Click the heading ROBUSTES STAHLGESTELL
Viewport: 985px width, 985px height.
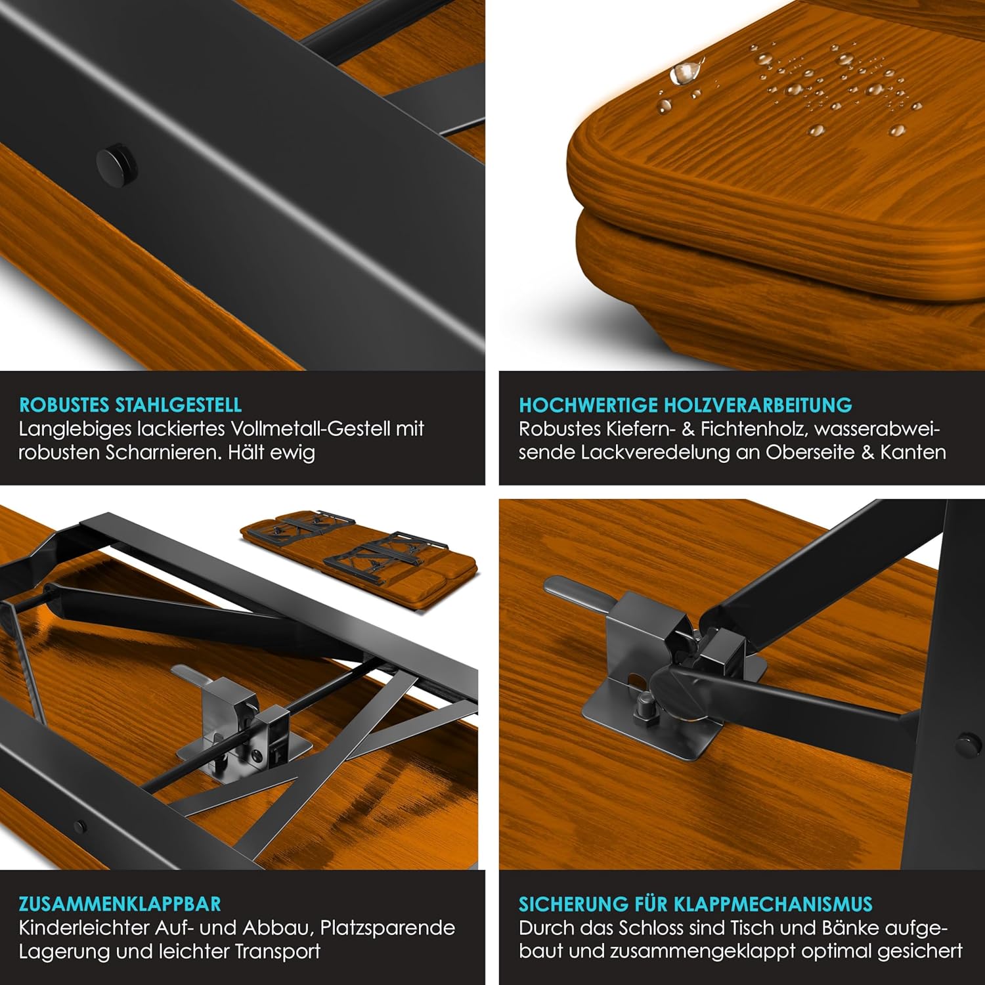tap(130, 405)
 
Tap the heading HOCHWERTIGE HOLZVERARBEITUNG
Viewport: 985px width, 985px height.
tap(686, 405)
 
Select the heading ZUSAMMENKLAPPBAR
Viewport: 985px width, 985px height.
tap(120, 904)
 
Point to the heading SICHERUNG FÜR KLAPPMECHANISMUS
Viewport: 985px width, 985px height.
tap(695, 904)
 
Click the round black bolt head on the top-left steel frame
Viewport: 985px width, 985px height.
tap(117, 164)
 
